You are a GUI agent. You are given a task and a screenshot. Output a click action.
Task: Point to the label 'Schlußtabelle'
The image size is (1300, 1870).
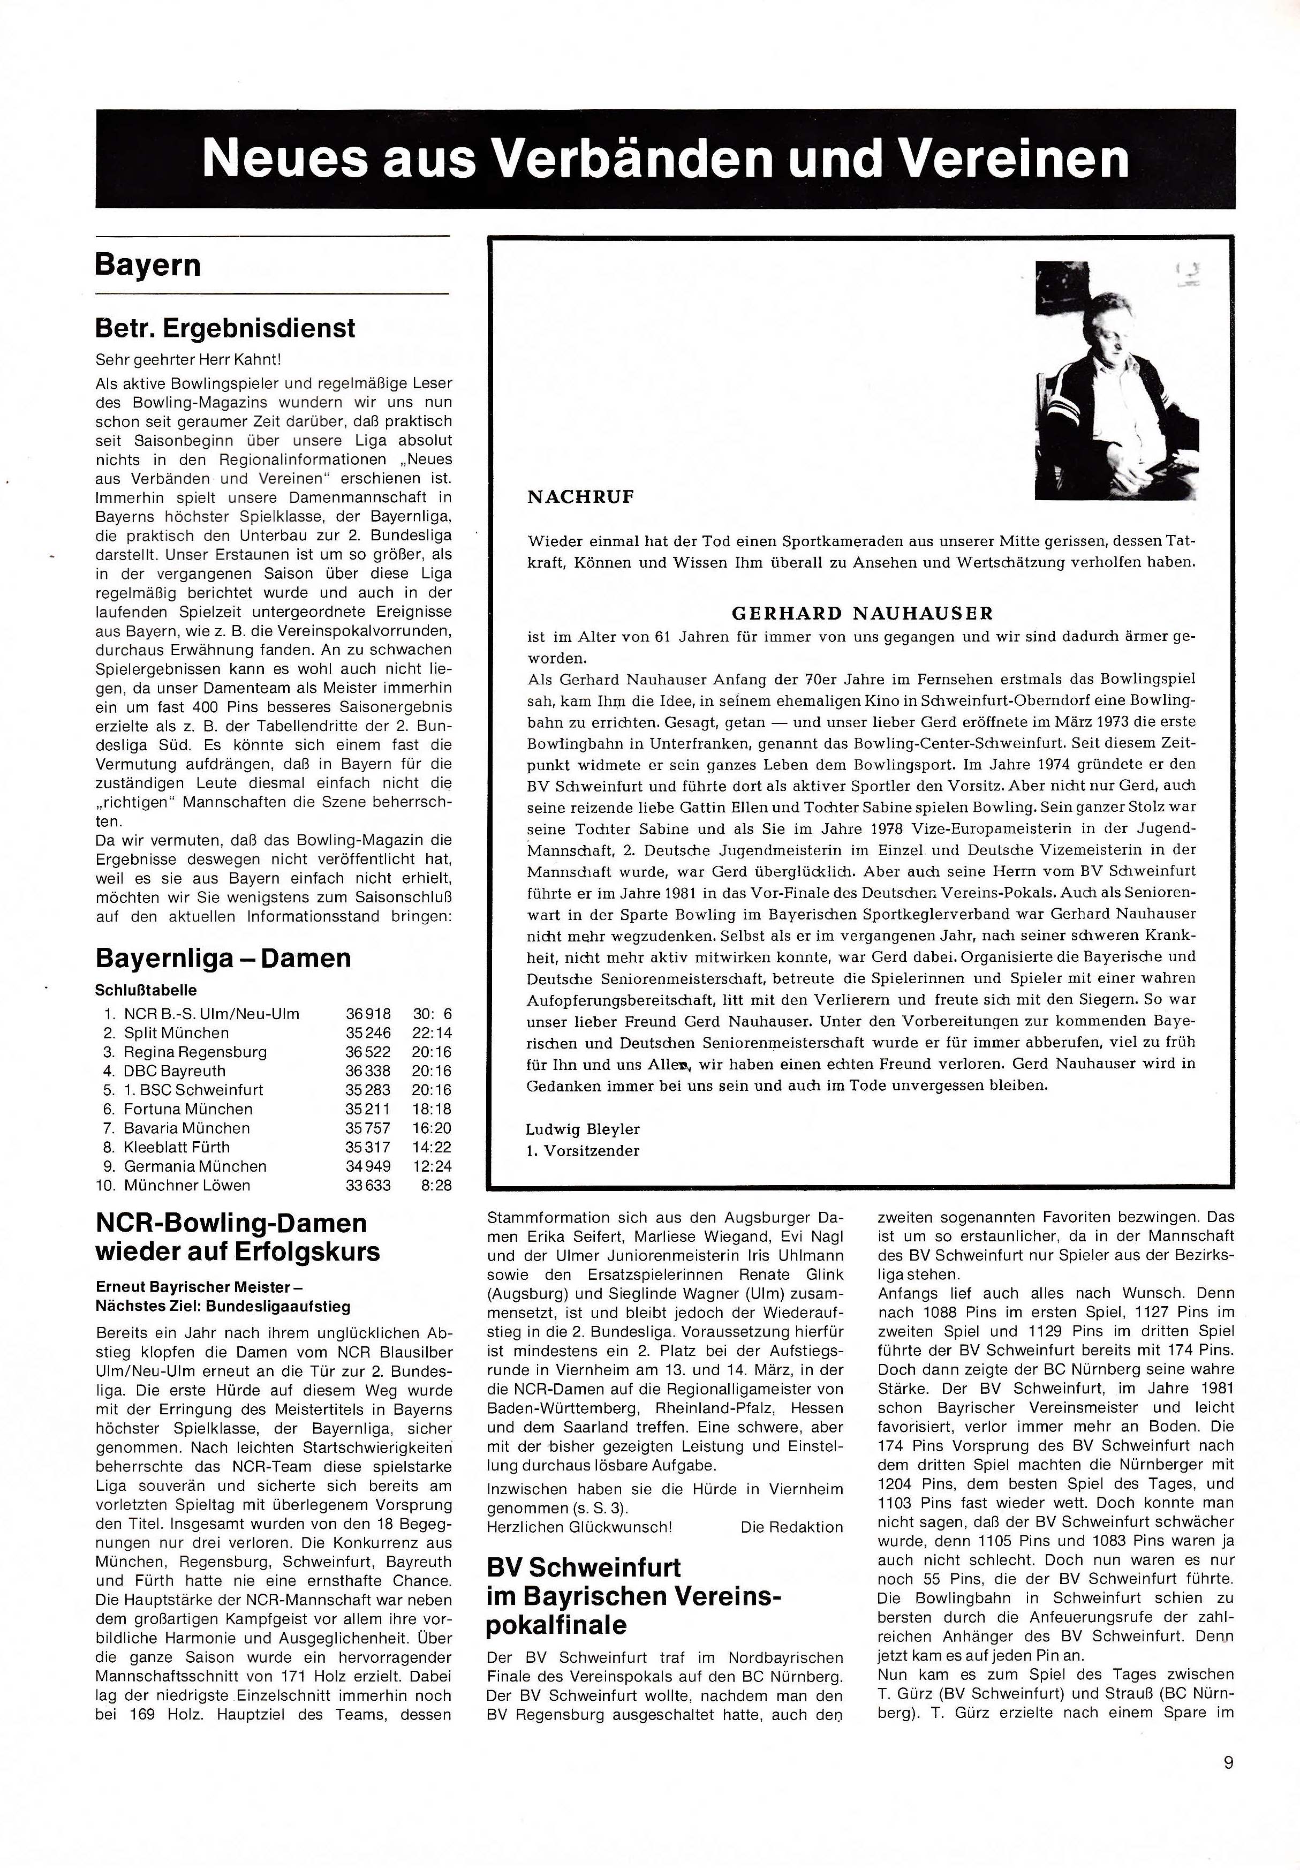pos(146,990)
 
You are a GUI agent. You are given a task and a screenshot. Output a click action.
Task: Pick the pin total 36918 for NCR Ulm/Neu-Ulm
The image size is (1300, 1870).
pos(368,1014)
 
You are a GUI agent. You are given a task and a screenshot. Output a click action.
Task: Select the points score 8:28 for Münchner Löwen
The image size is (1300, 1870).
pos(436,1185)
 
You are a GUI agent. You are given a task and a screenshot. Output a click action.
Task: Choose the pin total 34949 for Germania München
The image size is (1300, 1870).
pos(368,1166)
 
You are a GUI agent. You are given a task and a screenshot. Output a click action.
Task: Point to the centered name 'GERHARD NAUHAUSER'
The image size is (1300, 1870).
pos(863,613)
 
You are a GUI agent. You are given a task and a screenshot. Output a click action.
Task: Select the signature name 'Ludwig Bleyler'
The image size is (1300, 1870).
pos(583,1129)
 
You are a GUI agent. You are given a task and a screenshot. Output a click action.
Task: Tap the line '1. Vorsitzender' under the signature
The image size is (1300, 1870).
pos(583,1151)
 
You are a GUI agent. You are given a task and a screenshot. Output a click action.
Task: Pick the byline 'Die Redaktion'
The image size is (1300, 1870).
pos(792,1526)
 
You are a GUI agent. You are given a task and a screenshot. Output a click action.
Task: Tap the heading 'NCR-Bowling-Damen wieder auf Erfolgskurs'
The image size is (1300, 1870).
pos(237,1236)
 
